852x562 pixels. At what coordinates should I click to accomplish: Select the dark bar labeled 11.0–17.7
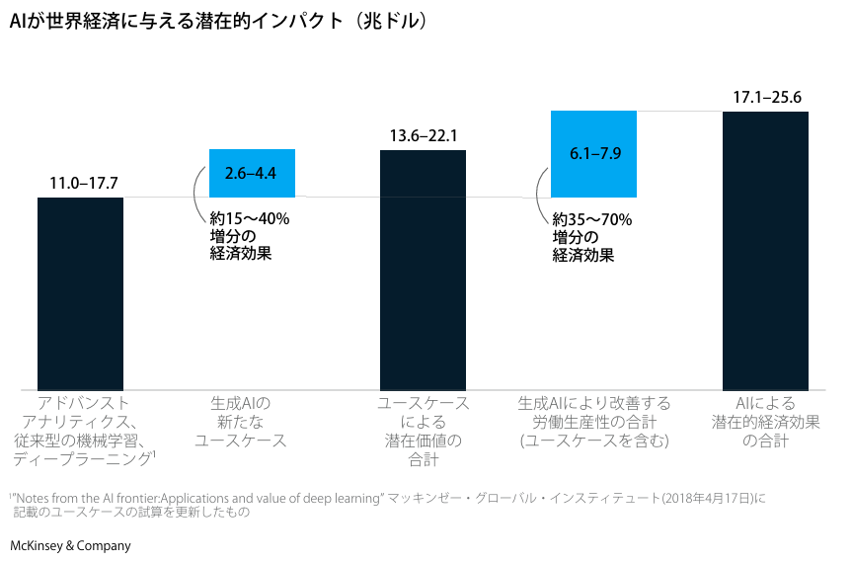[80, 293]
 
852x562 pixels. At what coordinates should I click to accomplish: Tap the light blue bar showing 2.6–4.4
[251, 173]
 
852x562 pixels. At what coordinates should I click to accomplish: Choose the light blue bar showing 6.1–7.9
[593, 153]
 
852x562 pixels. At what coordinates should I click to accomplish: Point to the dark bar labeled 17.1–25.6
[765, 251]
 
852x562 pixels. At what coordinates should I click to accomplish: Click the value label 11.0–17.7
[84, 184]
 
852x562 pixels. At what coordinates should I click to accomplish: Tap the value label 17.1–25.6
[766, 98]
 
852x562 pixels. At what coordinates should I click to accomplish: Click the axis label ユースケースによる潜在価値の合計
[424, 432]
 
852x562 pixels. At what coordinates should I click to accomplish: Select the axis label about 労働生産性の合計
[594, 422]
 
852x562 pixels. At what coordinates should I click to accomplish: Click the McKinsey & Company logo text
[70, 545]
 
